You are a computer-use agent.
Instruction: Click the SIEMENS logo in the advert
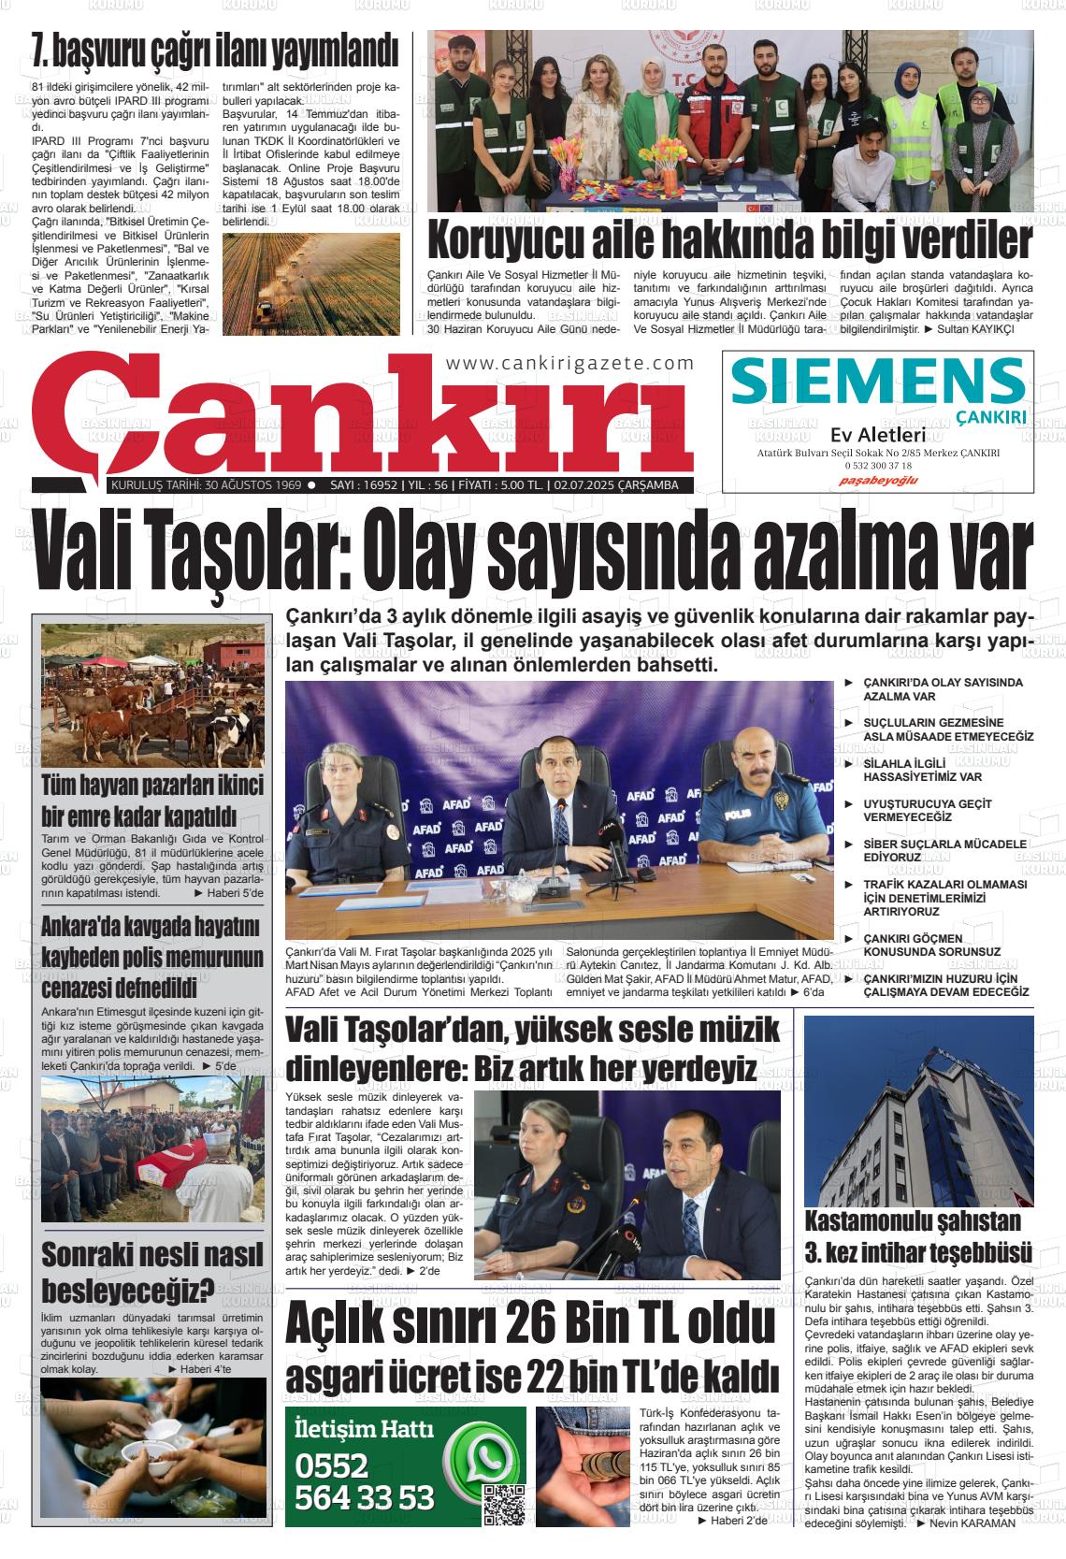(x=878, y=381)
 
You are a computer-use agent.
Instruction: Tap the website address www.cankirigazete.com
(x=570, y=364)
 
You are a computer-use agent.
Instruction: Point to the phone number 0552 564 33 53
(x=365, y=1482)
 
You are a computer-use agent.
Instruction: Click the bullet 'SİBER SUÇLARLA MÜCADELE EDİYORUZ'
(x=944, y=850)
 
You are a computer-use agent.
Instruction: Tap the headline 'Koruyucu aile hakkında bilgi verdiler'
(x=729, y=241)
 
